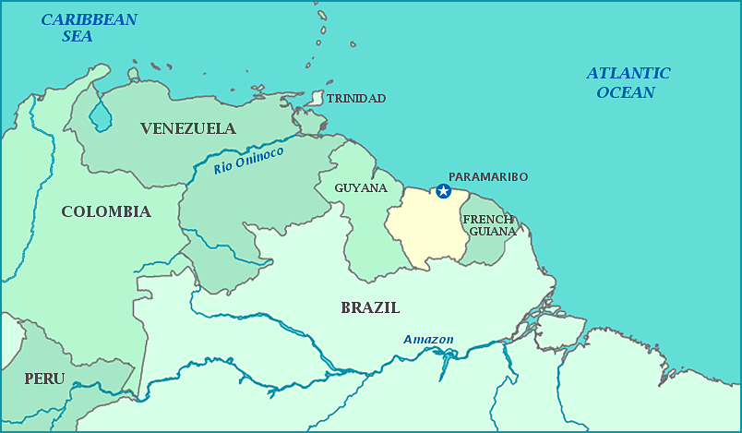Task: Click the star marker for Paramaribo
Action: [443, 191]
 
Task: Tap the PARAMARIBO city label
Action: [487, 176]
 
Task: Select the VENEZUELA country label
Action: [188, 128]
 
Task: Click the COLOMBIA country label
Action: [106, 211]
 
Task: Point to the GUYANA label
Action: [361, 187]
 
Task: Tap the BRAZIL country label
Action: [370, 307]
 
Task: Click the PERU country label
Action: [44, 379]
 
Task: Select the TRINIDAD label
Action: [356, 98]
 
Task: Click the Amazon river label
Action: [428, 340]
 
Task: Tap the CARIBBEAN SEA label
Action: [89, 28]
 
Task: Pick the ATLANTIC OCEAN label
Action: [628, 82]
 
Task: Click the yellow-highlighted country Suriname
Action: [425, 231]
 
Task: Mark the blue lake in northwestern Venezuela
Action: [100, 117]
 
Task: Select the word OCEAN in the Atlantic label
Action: [626, 92]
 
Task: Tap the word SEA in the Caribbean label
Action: [78, 37]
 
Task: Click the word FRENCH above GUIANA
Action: [488, 219]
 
